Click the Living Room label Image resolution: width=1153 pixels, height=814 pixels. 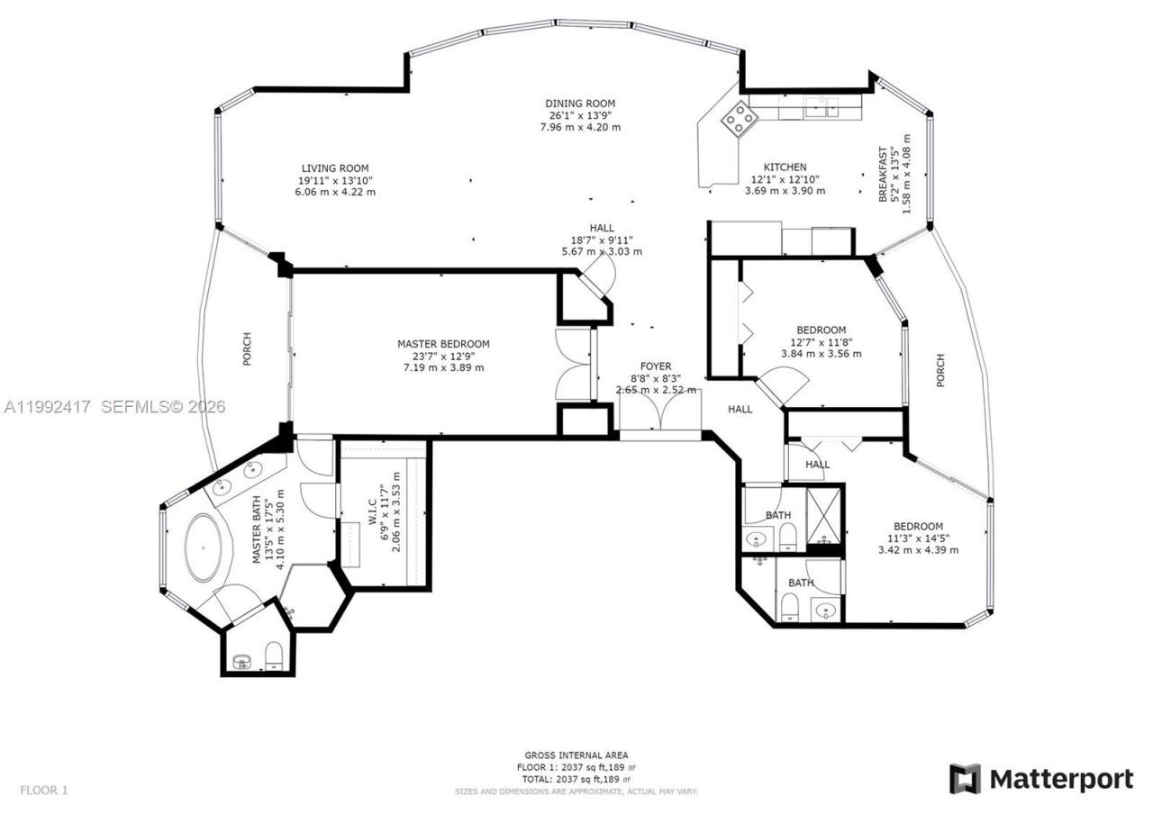[x=335, y=168]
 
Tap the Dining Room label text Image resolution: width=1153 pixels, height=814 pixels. [x=580, y=104]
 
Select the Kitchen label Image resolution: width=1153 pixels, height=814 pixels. [x=785, y=167]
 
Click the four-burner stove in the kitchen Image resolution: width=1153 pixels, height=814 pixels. [x=740, y=118]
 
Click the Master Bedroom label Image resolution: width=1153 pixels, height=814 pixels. [x=443, y=344]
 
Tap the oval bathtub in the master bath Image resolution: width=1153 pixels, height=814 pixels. [x=206, y=547]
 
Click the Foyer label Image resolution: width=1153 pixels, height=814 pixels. [x=655, y=366]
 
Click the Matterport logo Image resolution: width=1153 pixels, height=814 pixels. [x=1041, y=778]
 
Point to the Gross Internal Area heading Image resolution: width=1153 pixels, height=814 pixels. [x=576, y=755]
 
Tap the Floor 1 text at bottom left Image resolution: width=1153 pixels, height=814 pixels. [x=44, y=791]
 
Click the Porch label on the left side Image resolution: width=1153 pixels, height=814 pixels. [x=247, y=349]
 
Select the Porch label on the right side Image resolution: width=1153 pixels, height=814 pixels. [x=940, y=370]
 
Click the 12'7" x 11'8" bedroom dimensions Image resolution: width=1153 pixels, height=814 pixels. [x=821, y=341]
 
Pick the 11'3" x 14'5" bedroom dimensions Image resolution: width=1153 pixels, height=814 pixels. [x=918, y=538]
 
